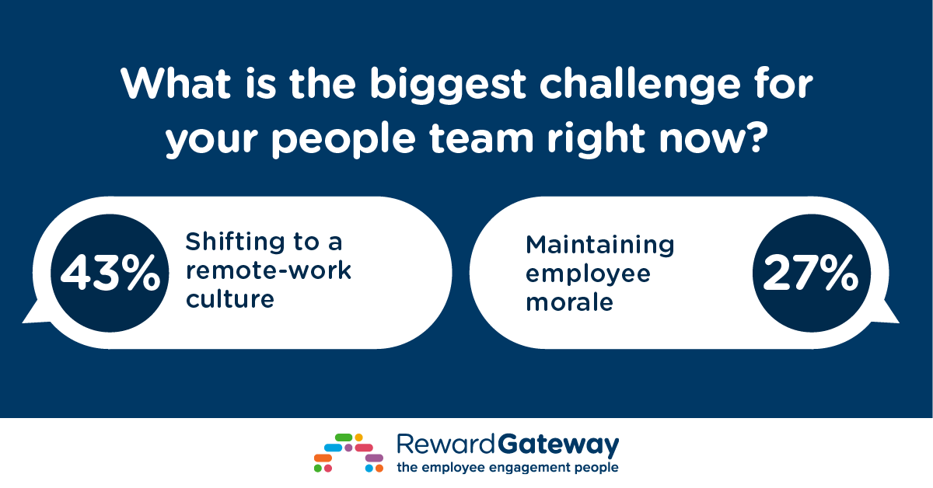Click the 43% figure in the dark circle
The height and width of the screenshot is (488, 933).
tap(110, 274)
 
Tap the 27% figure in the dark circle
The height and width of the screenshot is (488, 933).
tap(810, 274)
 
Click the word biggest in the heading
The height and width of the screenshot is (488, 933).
tap(448, 85)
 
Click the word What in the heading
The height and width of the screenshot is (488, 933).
tap(176, 83)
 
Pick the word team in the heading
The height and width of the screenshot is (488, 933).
tap(481, 138)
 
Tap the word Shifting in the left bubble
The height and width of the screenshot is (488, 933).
tap(236, 241)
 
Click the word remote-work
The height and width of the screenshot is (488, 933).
tap(269, 270)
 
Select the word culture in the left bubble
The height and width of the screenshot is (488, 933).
tap(230, 299)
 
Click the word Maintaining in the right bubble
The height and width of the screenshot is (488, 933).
tap(599, 245)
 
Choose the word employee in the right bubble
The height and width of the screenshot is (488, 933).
tap(588, 274)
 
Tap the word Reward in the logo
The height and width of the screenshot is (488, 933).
tap(446, 444)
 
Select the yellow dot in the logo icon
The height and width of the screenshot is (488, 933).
tap(358, 437)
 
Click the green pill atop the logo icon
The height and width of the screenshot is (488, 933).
tap(344, 437)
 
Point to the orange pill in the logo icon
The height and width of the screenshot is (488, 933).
tap(323, 458)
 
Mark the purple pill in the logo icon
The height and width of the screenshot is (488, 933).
tap(374, 458)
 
